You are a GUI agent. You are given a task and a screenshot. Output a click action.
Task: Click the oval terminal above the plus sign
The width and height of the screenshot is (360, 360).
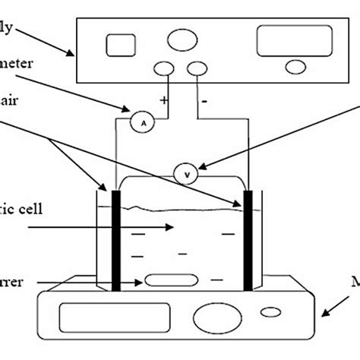click(164, 69)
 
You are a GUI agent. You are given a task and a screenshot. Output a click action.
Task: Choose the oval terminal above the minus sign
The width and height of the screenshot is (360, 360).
click(197, 69)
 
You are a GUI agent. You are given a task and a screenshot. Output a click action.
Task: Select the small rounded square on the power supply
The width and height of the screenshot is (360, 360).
click(120, 45)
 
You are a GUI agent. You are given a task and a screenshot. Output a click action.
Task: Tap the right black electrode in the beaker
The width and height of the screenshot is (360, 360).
click(248, 241)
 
